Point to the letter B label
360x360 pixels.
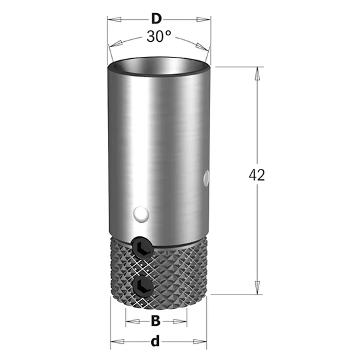coord(156,321)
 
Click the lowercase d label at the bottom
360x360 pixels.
coord(156,341)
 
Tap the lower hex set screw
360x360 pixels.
coord(141,285)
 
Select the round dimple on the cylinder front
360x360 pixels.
coord(140,214)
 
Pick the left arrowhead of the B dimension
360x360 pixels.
coord(130,321)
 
